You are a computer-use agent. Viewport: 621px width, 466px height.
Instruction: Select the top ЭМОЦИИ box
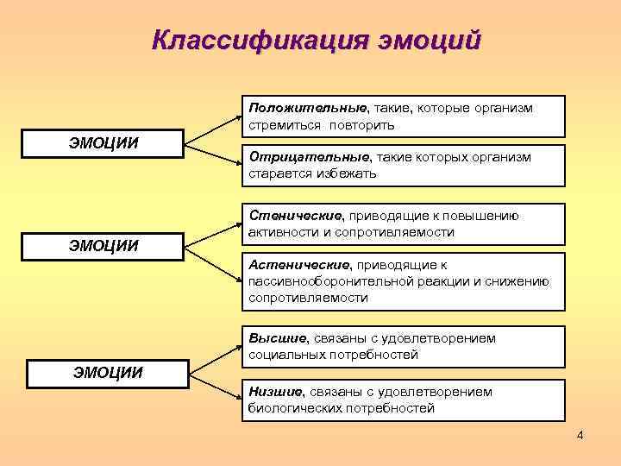coord(103,142)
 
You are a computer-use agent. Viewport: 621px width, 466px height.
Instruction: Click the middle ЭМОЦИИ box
coord(103,245)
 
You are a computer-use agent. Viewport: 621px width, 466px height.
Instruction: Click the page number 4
coord(580,435)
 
